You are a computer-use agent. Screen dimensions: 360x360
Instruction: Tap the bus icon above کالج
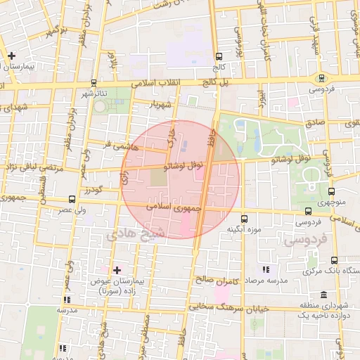point(219,56)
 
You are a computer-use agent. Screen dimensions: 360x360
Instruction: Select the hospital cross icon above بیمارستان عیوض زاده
point(117,270)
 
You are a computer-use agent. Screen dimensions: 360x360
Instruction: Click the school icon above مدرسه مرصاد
point(265,270)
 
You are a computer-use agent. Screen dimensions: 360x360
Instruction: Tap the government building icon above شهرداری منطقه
point(323,295)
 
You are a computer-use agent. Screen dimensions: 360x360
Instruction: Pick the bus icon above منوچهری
point(333,190)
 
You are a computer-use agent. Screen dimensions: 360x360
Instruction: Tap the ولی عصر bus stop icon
point(72,200)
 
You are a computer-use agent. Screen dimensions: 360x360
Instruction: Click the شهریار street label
point(160,105)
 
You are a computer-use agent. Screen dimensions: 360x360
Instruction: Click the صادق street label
point(313,122)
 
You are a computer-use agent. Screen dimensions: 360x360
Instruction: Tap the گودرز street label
point(112,190)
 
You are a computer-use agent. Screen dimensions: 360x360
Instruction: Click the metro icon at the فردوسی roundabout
point(321,78)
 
